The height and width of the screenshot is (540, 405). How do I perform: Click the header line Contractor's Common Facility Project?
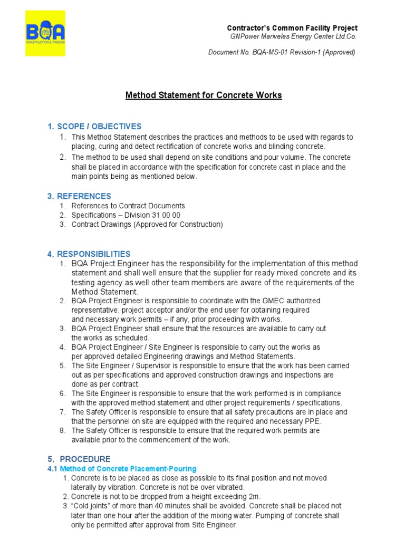click(x=292, y=28)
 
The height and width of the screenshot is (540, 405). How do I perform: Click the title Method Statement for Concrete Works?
click(x=203, y=95)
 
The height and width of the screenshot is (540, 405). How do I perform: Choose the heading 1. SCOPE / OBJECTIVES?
click(x=94, y=127)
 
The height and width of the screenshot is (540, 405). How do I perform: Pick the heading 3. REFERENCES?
click(x=79, y=196)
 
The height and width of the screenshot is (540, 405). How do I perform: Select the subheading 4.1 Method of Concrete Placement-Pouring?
click(x=122, y=468)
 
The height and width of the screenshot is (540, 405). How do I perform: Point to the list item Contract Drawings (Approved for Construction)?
click(x=147, y=225)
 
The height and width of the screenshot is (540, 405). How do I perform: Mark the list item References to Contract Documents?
click(x=128, y=206)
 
